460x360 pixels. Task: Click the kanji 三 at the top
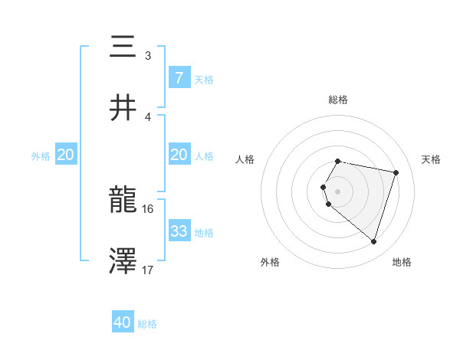click(123, 47)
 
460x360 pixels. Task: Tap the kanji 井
click(123, 108)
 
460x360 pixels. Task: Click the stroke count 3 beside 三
click(147, 55)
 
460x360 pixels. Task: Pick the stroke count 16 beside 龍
click(148, 208)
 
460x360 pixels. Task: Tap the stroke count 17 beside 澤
click(148, 269)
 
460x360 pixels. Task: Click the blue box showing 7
click(179, 77)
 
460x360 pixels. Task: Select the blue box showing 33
click(179, 231)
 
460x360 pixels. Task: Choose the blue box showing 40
click(123, 322)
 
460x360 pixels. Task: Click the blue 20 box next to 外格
click(65, 155)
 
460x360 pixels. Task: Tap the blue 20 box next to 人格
click(179, 155)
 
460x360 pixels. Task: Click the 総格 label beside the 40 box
click(147, 323)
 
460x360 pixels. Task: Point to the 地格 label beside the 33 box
click(204, 231)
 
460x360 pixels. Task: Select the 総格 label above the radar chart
click(337, 100)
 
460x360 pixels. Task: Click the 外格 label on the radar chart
click(270, 262)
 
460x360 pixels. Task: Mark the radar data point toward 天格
click(396, 172)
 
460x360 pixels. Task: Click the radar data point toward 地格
click(373, 242)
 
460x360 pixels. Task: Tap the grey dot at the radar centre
click(337, 191)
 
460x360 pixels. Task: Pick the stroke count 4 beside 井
click(147, 116)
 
